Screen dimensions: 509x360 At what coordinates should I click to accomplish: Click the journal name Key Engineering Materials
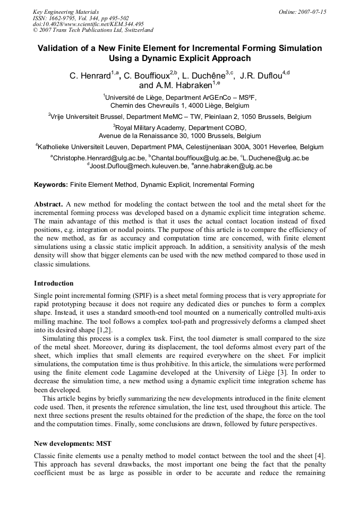pos(66,12)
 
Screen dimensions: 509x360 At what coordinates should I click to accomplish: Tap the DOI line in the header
pos(88,24)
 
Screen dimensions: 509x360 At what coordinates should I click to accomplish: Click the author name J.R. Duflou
pos(261,75)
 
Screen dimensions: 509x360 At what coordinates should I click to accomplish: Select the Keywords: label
pos(51,185)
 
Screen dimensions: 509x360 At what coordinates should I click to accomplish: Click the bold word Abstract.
pos(48,204)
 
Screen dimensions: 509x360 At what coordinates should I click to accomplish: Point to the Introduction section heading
pos(54,283)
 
